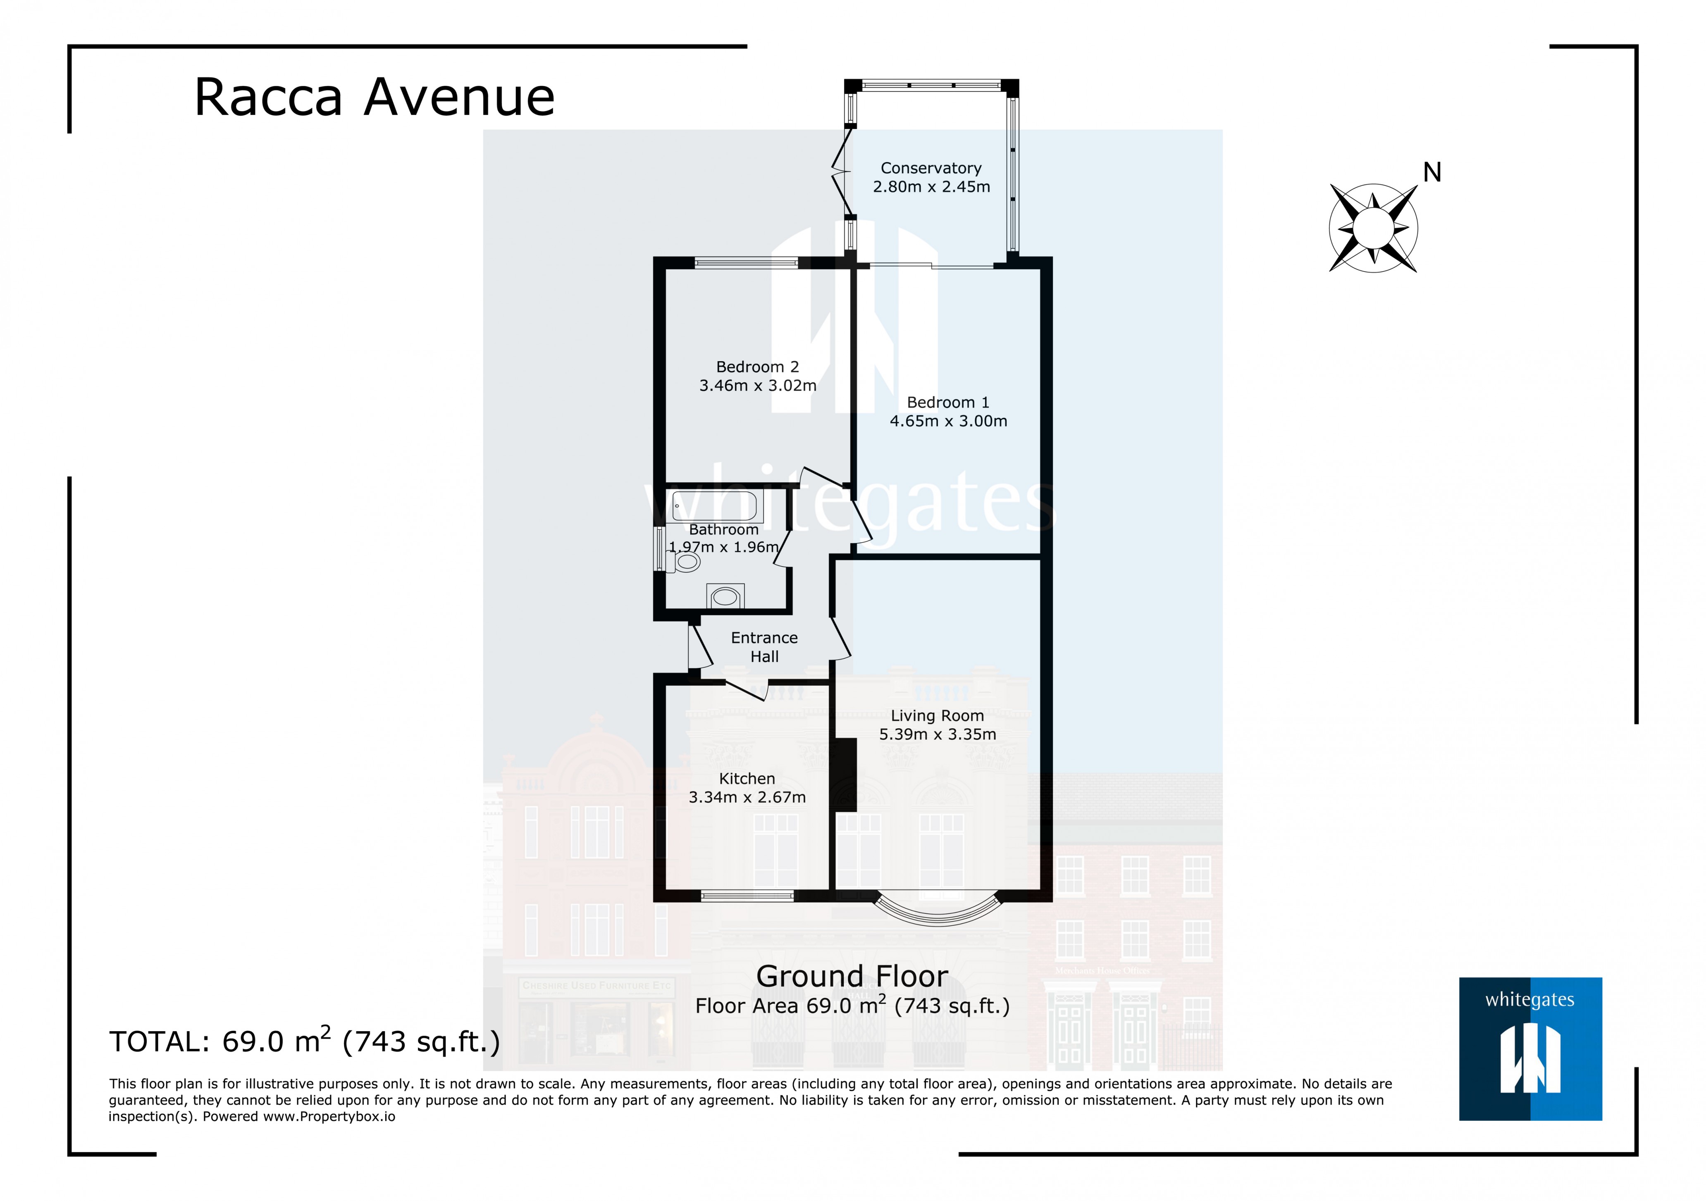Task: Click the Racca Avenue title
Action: coord(375,97)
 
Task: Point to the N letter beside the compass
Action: coord(1432,172)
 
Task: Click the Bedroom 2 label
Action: coord(757,367)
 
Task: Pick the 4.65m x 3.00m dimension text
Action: coord(948,421)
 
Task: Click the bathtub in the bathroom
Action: coord(715,507)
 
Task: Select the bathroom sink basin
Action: coord(725,596)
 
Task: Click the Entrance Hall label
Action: coord(764,647)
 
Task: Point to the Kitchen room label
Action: coord(747,778)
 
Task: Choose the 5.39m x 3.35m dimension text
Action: coord(937,734)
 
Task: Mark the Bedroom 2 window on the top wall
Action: coord(746,262)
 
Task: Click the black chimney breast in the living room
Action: coord(846,774)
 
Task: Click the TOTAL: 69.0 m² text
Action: coord(305,1041)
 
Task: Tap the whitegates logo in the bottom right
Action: coord(1530,1048)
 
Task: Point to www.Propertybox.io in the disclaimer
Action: coord(329,1116)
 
